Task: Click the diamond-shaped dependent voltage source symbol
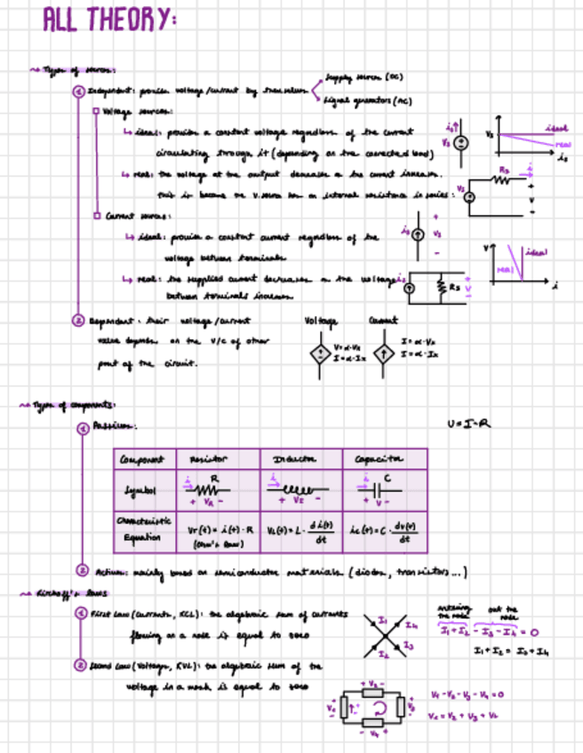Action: coord(316,353)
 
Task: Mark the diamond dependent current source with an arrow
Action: coord(383,353)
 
